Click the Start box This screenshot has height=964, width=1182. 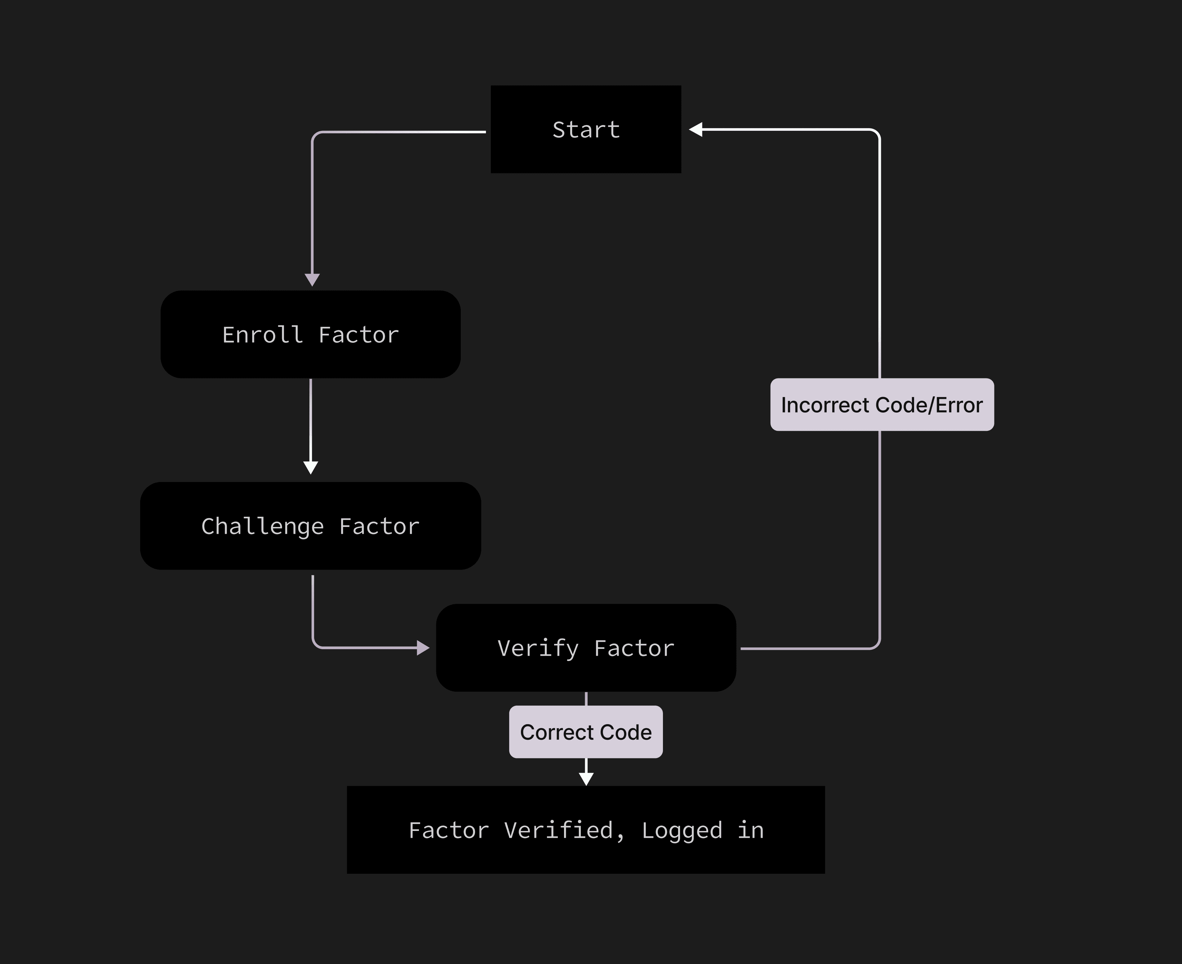[586, 129]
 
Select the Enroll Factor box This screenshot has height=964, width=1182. [310, 334]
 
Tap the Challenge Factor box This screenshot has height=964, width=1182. [310, 526]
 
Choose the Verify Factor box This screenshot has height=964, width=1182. [586, 648]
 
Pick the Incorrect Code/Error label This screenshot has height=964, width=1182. [882, 405]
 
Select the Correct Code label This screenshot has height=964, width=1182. [586, 732]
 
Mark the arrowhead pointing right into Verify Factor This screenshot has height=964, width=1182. [423, 648]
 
